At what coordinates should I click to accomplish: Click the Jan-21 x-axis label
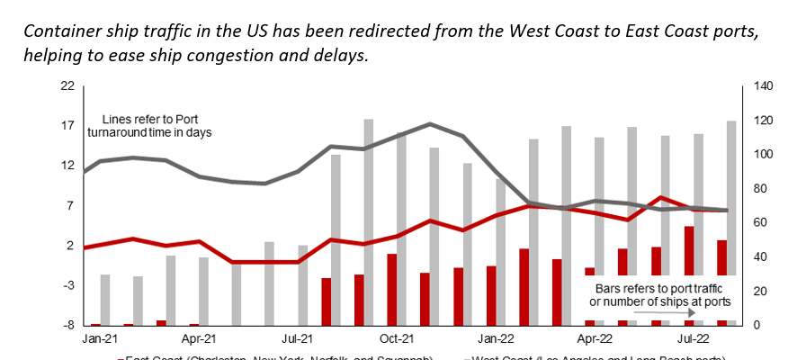click(x=95, y=340)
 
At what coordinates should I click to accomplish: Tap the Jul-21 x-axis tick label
click(x=297, y=340)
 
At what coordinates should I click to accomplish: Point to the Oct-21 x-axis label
click(x=396, y=340)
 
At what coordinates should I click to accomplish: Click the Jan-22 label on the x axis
click(x=494, y=340)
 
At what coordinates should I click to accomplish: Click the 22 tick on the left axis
click(x=67, y=86)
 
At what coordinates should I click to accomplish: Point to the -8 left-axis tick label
click(x=67, y=325)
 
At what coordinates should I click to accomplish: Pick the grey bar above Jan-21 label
click(x=105, y=299)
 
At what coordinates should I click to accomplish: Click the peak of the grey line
click(x=430, y=124)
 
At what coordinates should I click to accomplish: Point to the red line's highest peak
click(x=661, y=197)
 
